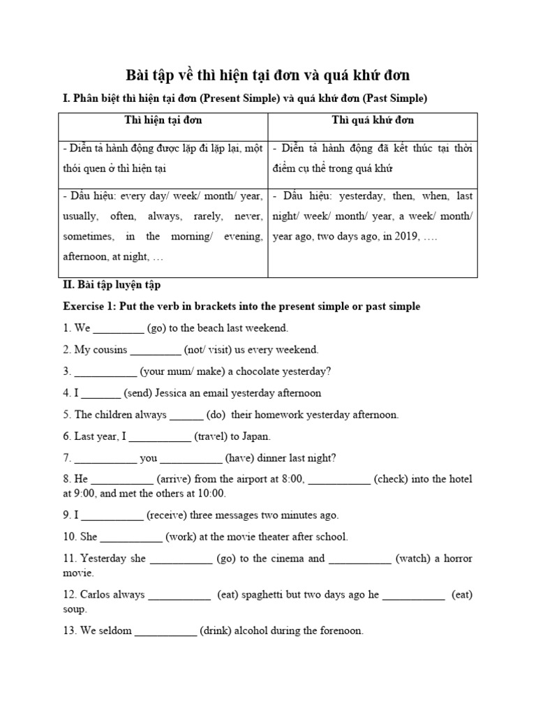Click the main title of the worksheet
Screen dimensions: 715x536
[x=267, y=75]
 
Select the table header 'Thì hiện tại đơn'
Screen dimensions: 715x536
[x=163, y=120]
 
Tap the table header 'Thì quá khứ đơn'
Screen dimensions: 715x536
[x=373, y=120]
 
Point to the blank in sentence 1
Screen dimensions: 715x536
[x=118, y=328]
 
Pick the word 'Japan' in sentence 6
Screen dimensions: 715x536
[x=254, y=436]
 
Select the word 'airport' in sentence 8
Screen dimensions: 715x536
[x=238, y=479]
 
